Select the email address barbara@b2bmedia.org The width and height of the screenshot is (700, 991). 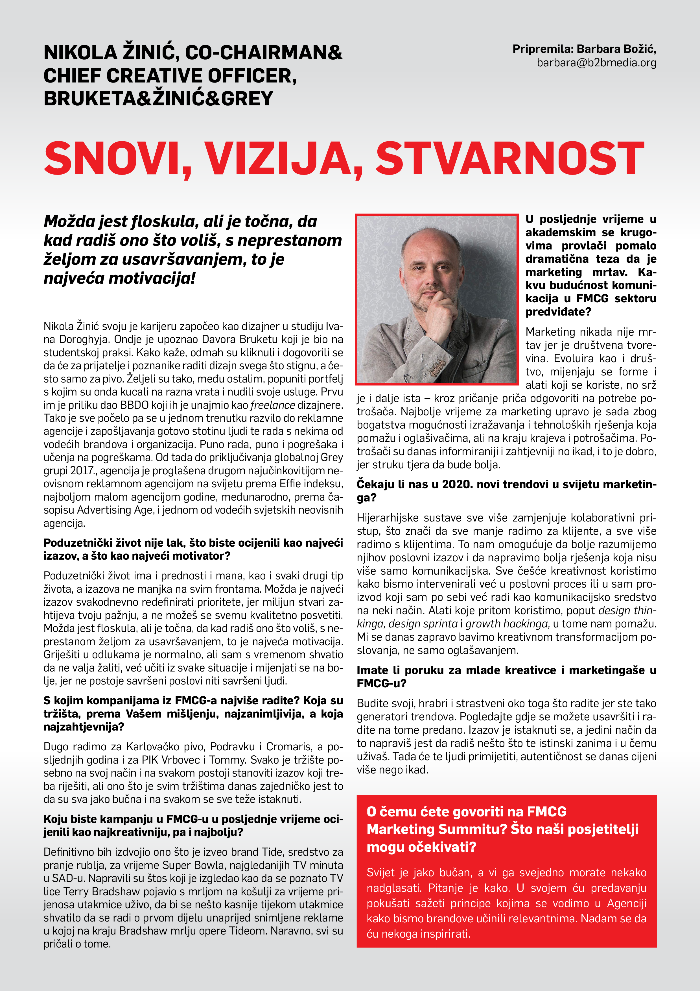596,63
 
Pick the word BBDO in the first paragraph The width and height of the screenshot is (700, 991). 135,405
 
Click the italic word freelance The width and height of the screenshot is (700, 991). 273,405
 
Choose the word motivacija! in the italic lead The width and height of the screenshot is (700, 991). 152,278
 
